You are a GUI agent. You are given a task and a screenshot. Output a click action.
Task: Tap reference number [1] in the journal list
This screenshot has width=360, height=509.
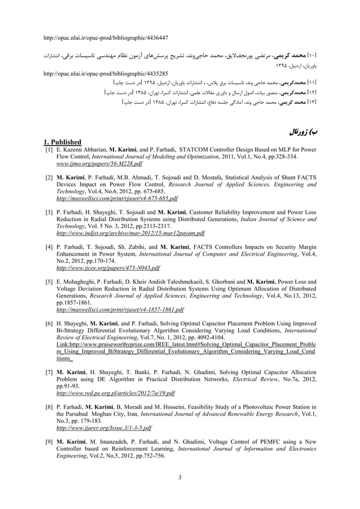[x=49, y=148]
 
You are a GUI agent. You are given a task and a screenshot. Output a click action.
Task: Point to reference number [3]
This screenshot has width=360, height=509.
[x=49, y=213]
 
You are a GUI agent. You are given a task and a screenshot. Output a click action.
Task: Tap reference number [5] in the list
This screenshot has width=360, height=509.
[x=49, y=282]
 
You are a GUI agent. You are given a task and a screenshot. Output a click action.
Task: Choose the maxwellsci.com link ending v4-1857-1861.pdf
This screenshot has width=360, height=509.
[x=121, y=310]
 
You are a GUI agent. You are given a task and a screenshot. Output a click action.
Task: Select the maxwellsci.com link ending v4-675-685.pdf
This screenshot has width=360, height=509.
[x=117, y=199]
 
